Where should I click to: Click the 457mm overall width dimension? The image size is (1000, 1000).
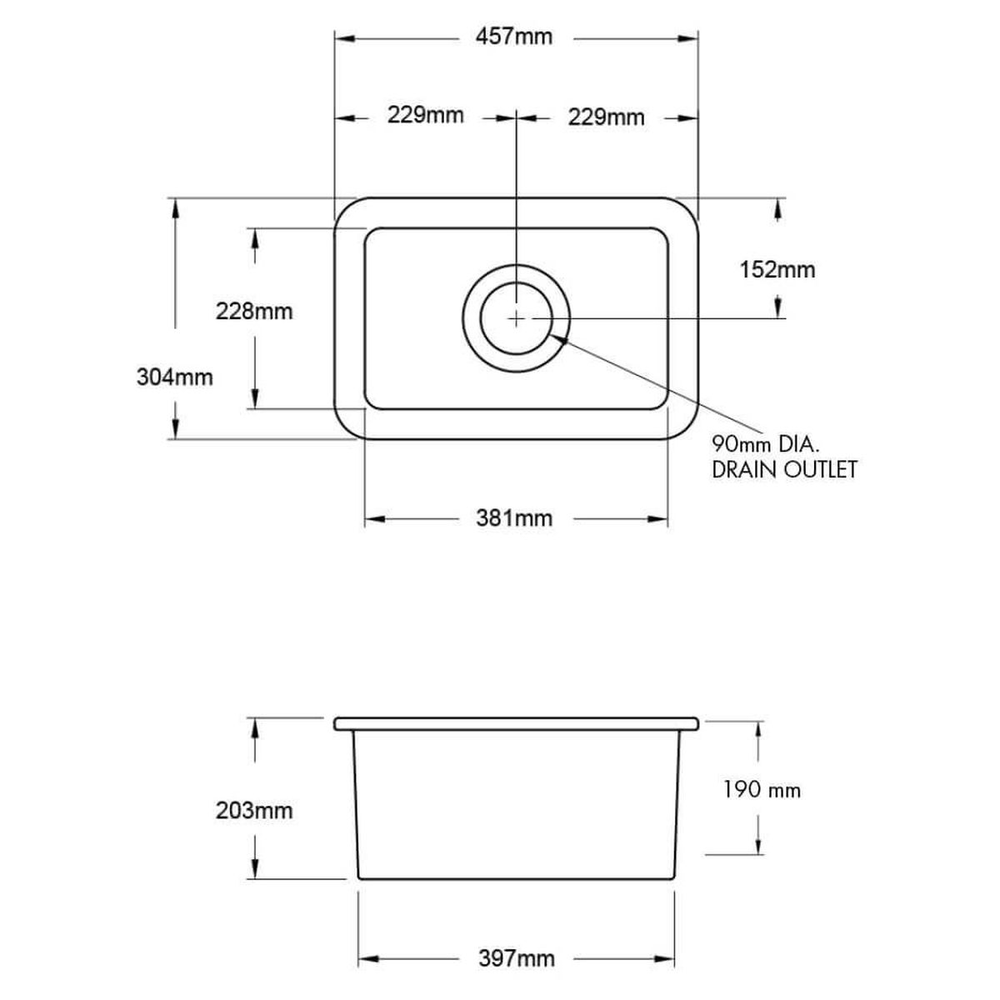point(514,37)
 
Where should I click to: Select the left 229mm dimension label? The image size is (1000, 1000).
point(426,115)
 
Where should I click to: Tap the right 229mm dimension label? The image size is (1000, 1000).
point(606,117)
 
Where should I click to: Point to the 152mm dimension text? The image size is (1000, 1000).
point(777,270)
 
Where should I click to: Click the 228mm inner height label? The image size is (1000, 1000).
point(254,312)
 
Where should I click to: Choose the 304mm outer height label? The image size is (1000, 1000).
point(175,377)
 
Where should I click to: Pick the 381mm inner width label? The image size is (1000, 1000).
point(514,518)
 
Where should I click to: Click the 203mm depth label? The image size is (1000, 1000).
point(254,811)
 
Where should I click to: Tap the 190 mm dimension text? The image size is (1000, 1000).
point(762,790)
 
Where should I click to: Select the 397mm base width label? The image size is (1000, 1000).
point(517,944)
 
